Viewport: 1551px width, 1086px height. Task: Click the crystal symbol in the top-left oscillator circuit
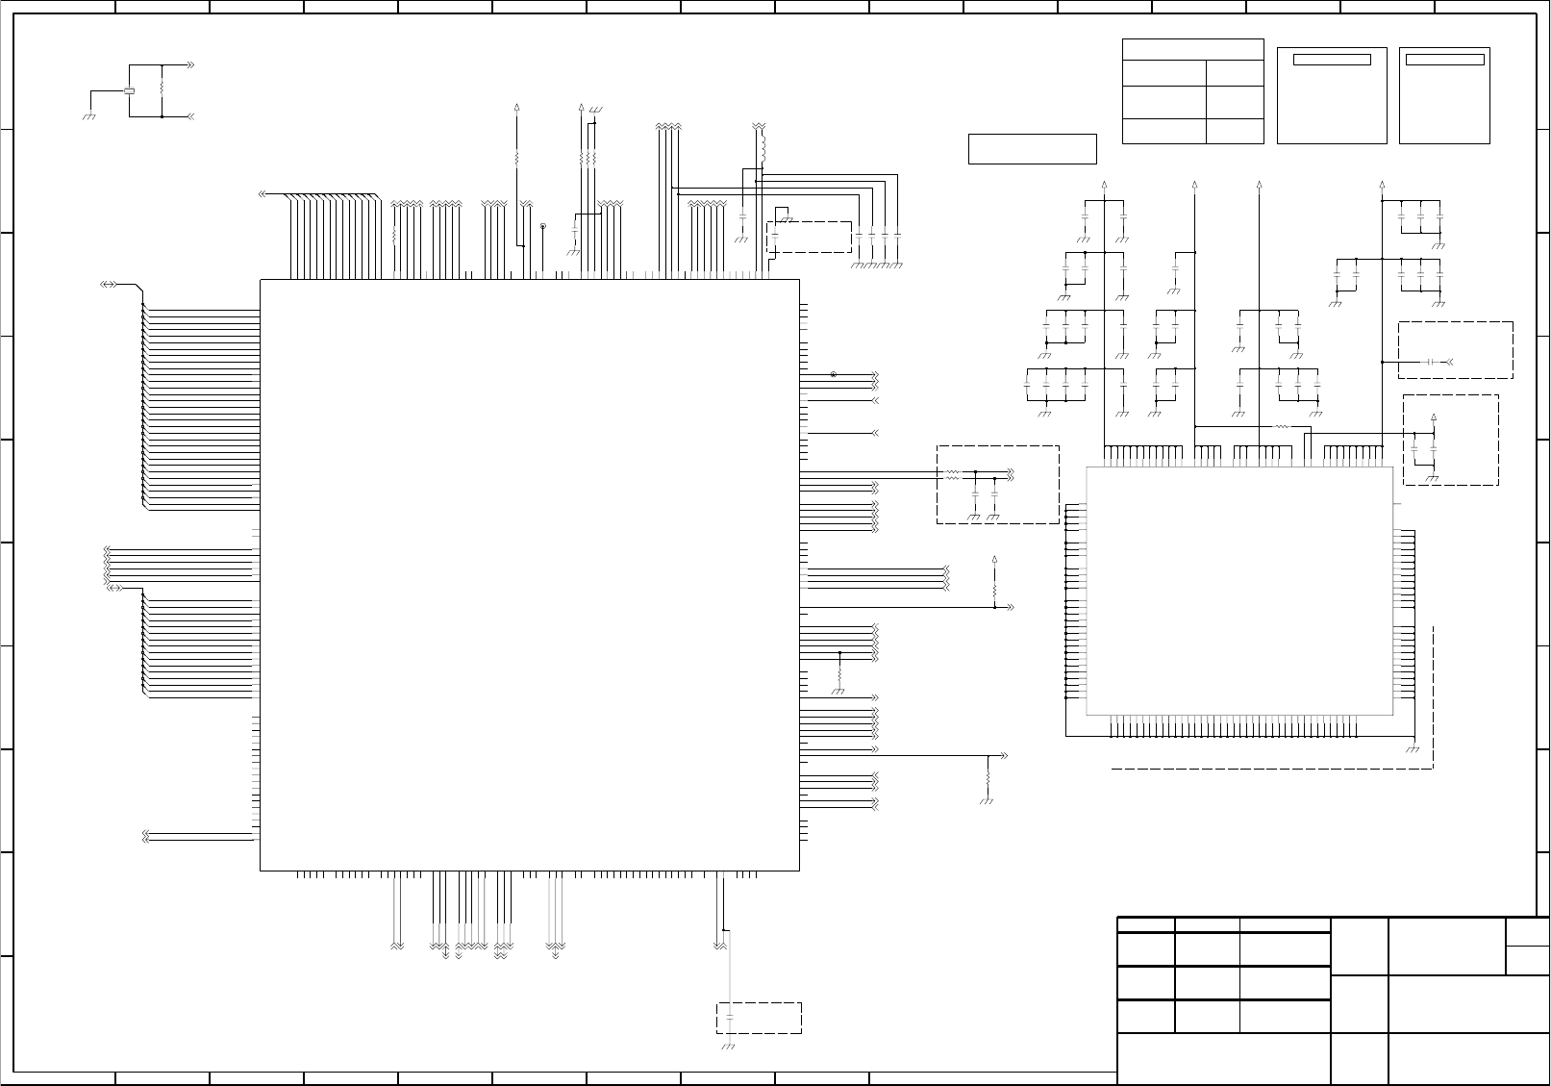coord(130,91)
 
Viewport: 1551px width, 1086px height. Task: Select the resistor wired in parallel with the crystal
coord(163,85)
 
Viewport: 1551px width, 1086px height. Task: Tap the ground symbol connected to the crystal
coord(88,115)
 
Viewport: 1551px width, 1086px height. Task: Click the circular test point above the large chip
coord(543,226)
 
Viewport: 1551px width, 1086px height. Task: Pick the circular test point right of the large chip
coord(833,374)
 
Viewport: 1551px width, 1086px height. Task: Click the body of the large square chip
coord(529,575)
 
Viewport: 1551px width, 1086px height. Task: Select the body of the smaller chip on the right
coord(1239,591)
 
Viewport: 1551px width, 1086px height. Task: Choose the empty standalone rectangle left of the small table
coord(1032,149)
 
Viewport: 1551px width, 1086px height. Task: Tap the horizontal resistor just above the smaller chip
coord(1280,426)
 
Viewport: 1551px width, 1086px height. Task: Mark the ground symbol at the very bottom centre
coord(728,1045)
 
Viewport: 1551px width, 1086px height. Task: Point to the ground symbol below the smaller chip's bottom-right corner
coord(1413,750)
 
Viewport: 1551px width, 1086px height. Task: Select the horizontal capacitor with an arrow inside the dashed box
coord(1432,362)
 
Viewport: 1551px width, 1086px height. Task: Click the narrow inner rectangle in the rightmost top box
coord(1444,60)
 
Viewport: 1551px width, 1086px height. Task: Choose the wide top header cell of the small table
coord(1192,49)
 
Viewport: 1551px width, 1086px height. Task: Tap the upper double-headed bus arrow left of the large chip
coord(110,285)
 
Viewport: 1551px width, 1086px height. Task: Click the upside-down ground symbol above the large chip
coord(595,109)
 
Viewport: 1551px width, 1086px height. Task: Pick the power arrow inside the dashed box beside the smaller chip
coord(1434,417)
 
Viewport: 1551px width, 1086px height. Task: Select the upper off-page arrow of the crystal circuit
coord(190,64)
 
